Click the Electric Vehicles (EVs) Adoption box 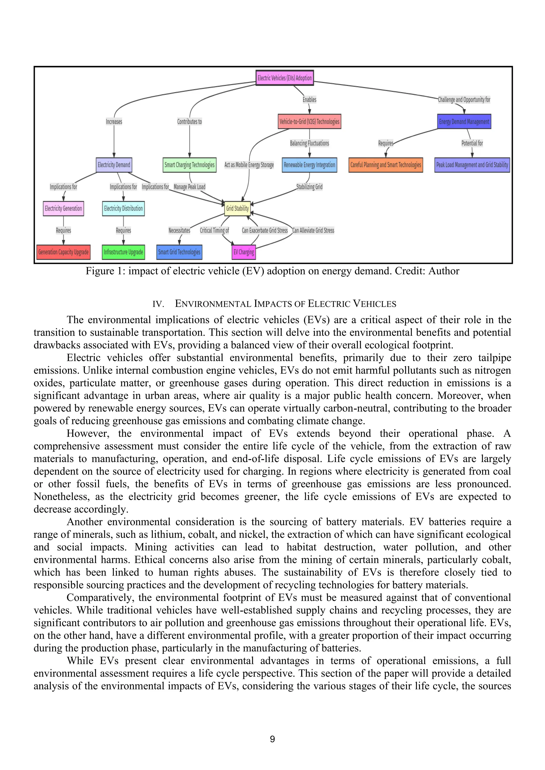click(x=284, y=78)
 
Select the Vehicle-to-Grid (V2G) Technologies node click(x=309, y=121)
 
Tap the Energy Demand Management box click(x=464, y=121)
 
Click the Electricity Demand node click(x=114, y=165)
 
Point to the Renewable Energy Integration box click(x=309, y=165)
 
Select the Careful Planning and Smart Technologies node click(x=386, y=165)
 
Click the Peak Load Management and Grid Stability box click(x=472, y=165)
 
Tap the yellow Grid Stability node click(x=237, y=208)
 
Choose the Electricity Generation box click(x=63, y=208)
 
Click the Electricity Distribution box click(x=123, y=208)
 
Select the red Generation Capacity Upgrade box click(x=63, y=252)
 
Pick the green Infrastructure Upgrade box click(x=123, y=252)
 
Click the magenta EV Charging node click(x=244, y=252)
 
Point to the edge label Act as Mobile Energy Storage click(x=249, y=165)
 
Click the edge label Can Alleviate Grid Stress click(x=313, y=230)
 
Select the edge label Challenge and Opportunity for click(x=464, y=99)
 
